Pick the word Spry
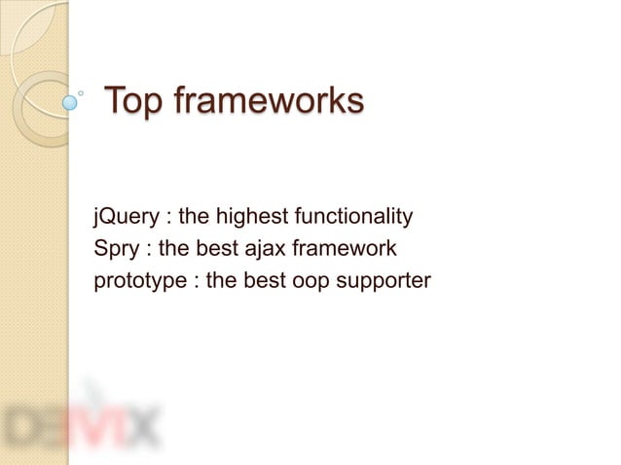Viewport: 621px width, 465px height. pyautogui.click(x=115, y=249)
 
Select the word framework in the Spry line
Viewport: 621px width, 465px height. pyautogui.click(x=347, y=249)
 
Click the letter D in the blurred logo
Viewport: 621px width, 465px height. pyautogui.click(x=24, y=425)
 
